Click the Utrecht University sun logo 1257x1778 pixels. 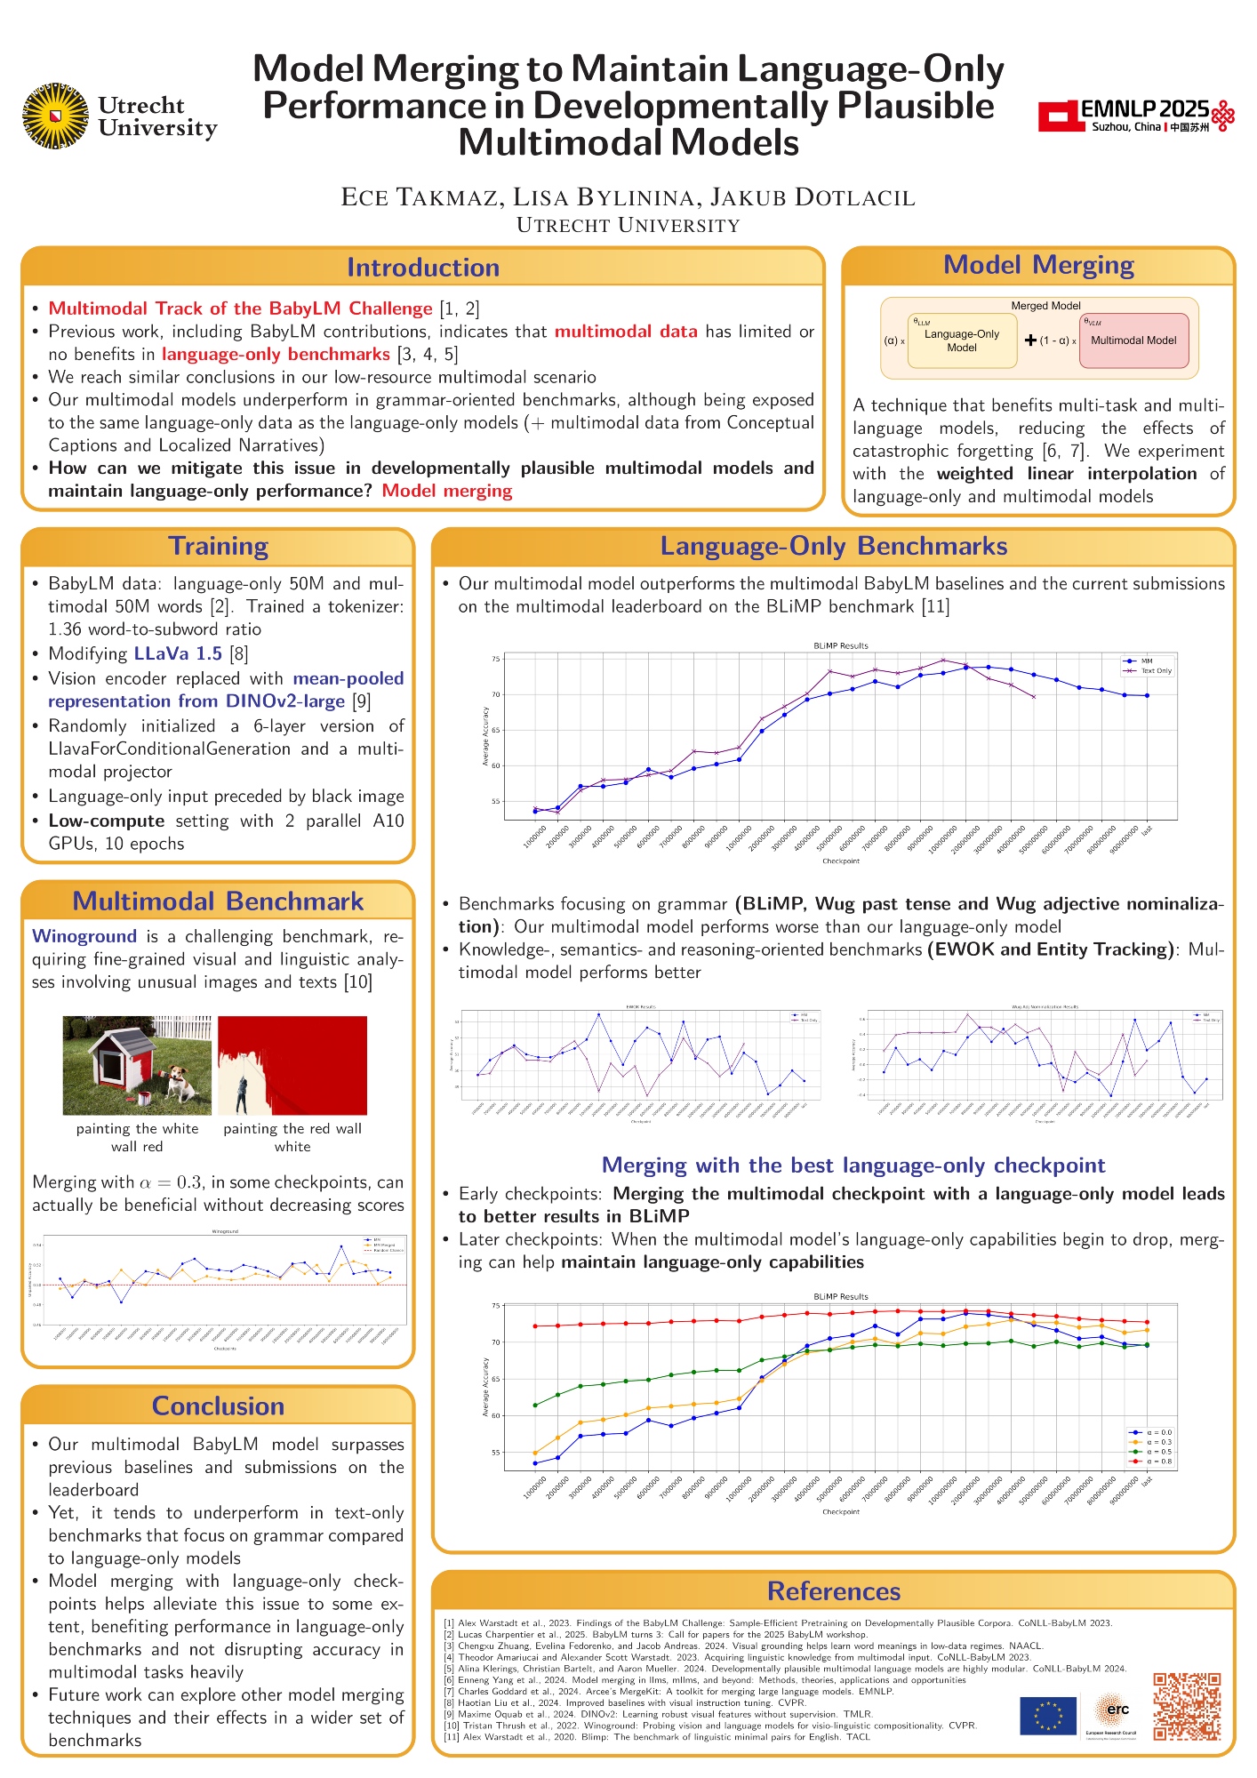[x=55, y=116]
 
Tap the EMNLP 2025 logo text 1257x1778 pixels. [x=1144, y=109]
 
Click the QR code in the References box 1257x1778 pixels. [x=1187, y=1706]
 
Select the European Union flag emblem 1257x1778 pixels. [x=1048, y=1715]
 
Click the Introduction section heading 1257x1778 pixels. [x=422, y=268]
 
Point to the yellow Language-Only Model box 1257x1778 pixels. [x=961, y=340]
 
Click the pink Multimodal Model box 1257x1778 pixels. [x=1133, y=340]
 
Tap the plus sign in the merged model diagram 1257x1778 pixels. [x=1030, y=340]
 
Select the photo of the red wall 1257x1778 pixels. [x=292, y=1065]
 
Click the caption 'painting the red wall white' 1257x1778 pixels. [x=292, y=1137]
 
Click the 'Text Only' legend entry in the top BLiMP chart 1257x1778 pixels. [x=1156, y=671]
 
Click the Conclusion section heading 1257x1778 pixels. [x=218, y=1406]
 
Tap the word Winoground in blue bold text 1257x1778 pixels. [x=84, y=936]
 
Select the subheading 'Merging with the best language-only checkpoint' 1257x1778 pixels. [x=853, y=1165]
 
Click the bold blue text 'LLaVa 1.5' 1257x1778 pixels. [x=178, y=653]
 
